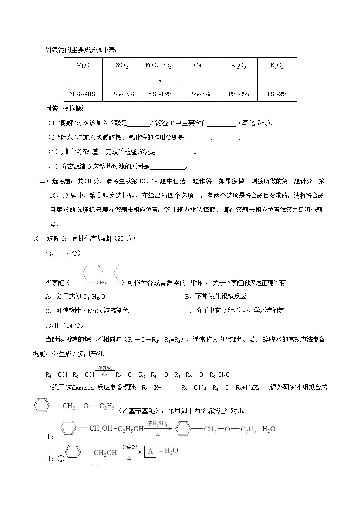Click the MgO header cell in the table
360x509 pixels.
pyautogui.click(x=83, y=65)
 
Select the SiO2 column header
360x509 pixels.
pyautogui.click(x=121, y=66)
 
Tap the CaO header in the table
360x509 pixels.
pyautogui.click(x=199, y=65)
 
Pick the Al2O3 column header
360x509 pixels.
pyautogui.click(x=238, y=66)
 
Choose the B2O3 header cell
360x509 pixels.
pyautogui.click(x=277, y=66)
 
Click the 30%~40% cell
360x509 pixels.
pyautogui.click(x=83, y=94)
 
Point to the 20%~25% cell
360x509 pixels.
pyautogui.click(x=121, y=94)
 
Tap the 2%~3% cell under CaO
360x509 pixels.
pyautogui.click(x=199, y=94)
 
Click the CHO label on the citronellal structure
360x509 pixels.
pyautogui.click(x=101, y=283)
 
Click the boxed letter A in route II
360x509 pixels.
pyautogui.click(x=150, y=452)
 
